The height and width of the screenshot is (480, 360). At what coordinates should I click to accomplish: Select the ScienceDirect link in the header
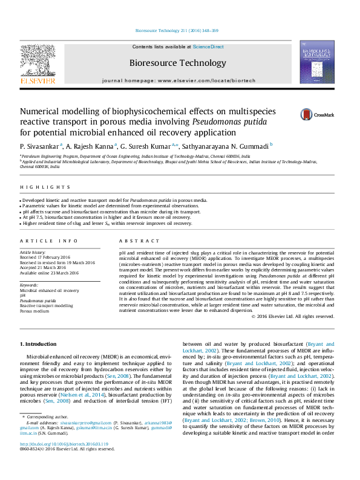tap(208, 47)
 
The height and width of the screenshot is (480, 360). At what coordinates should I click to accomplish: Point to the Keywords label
tap(29, 284)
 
